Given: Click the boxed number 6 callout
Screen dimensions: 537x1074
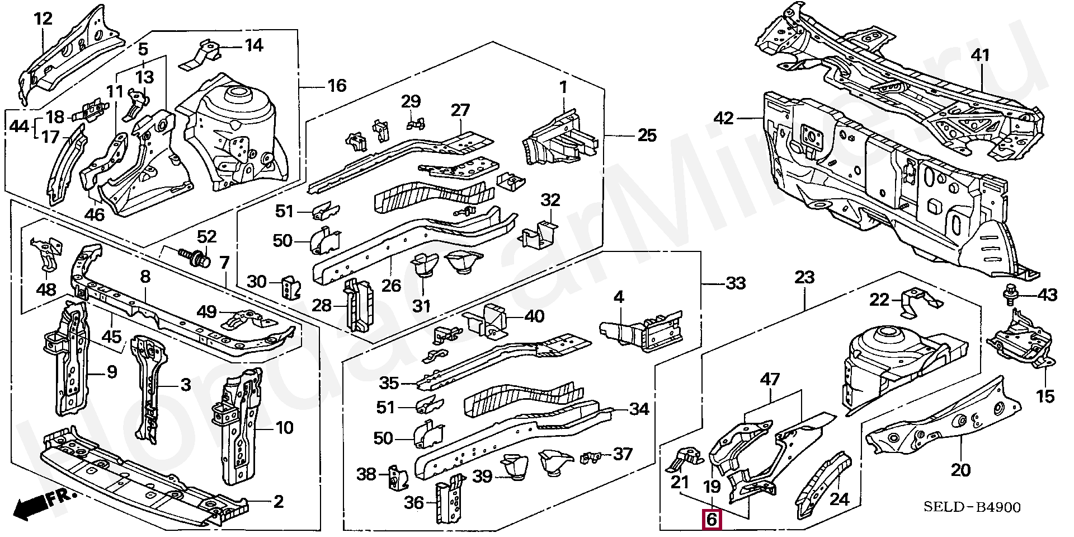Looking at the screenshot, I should pos(712,520).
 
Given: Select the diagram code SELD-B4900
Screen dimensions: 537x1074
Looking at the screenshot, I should pos(972,507).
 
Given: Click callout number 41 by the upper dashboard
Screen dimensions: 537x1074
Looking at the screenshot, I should pos(980,55).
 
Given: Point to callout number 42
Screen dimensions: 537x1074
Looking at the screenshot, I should pos(723,119).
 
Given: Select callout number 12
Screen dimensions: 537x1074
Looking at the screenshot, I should pos(43,19).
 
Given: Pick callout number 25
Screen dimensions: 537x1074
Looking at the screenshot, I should pos(647,136).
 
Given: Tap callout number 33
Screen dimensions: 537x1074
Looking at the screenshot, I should pos(735,283).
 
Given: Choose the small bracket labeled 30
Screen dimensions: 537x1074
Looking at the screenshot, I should pos(291,287).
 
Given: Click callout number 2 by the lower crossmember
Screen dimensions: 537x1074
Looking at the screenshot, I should pos(278,501).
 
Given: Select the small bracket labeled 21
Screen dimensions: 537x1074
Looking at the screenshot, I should pos(686,458).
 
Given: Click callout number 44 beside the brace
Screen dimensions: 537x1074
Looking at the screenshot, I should pos(19,127).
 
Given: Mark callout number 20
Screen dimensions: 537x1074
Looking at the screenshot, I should pos(960,470).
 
